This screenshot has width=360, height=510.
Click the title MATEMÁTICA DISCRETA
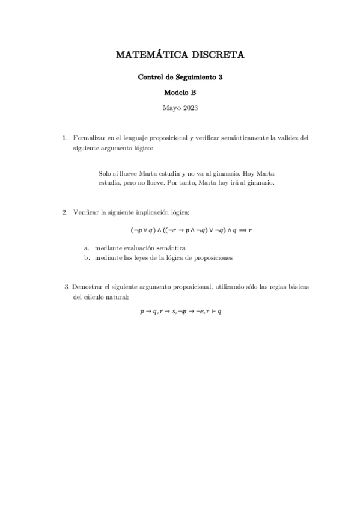[x=180, y=55]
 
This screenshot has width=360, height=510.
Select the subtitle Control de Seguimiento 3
[x=180, y=77]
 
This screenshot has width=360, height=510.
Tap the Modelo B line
[x=180, y=93]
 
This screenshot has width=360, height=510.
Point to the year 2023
[x=189, y=108]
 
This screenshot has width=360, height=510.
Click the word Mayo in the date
[x=171, y=108]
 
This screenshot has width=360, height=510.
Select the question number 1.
[x=65, y=138]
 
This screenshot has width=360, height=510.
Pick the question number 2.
[x=65, y=212]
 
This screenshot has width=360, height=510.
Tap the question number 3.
[x=66, y=287]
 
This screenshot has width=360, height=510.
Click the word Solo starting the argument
[x=105, y=173]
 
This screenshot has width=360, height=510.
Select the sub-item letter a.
[x=87, y=248]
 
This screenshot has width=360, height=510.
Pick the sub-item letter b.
[x=87, y=257]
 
